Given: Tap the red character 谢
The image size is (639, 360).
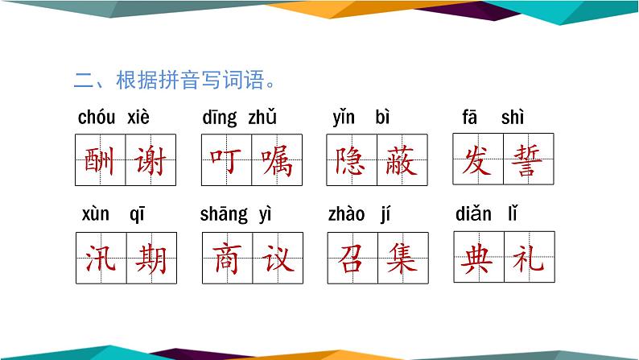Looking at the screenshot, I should tap(150, 161).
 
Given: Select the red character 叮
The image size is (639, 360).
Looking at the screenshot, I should tap(226, 161).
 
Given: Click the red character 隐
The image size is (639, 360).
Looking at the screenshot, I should tap(352, 161).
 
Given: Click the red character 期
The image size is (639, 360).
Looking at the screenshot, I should tap(150, 259).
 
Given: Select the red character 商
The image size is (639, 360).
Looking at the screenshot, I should tap(226, 259).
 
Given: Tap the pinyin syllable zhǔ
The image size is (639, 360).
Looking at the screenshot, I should tap(262, 118).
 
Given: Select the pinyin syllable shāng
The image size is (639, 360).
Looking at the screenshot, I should tap(224, 214).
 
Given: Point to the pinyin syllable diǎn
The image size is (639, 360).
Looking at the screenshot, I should tap(473, 214).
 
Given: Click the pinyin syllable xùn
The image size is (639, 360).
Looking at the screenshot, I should tap(96, 214).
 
